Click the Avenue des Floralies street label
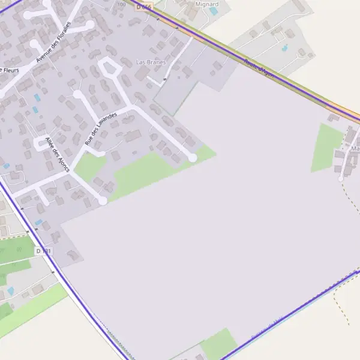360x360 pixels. point(53,42)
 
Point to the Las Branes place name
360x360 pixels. point(151,62)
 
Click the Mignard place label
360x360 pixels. point(207,4)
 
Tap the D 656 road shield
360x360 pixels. point(144,6)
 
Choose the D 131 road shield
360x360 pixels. point(43,250)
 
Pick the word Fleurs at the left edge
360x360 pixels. point(9,70)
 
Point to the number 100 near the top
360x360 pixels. point(122,4)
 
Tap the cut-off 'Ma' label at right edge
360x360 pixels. point(355,148)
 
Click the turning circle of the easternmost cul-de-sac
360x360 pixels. point(193,157)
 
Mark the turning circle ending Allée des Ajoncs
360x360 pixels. point(103,200)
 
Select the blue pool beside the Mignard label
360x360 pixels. point(214,11)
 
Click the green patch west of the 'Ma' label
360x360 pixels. point(327,146)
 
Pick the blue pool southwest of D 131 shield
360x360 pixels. point(10,291)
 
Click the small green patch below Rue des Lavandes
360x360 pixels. point(90,166)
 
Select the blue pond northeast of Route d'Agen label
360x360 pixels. point(284,47)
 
